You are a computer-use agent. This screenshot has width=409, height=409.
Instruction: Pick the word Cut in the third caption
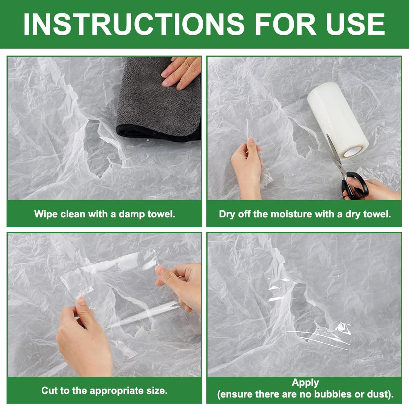pyautogui.click(x=48, y=391)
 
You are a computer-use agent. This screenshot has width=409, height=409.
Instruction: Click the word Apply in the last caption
pyautogui.click(x=305, y=383)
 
